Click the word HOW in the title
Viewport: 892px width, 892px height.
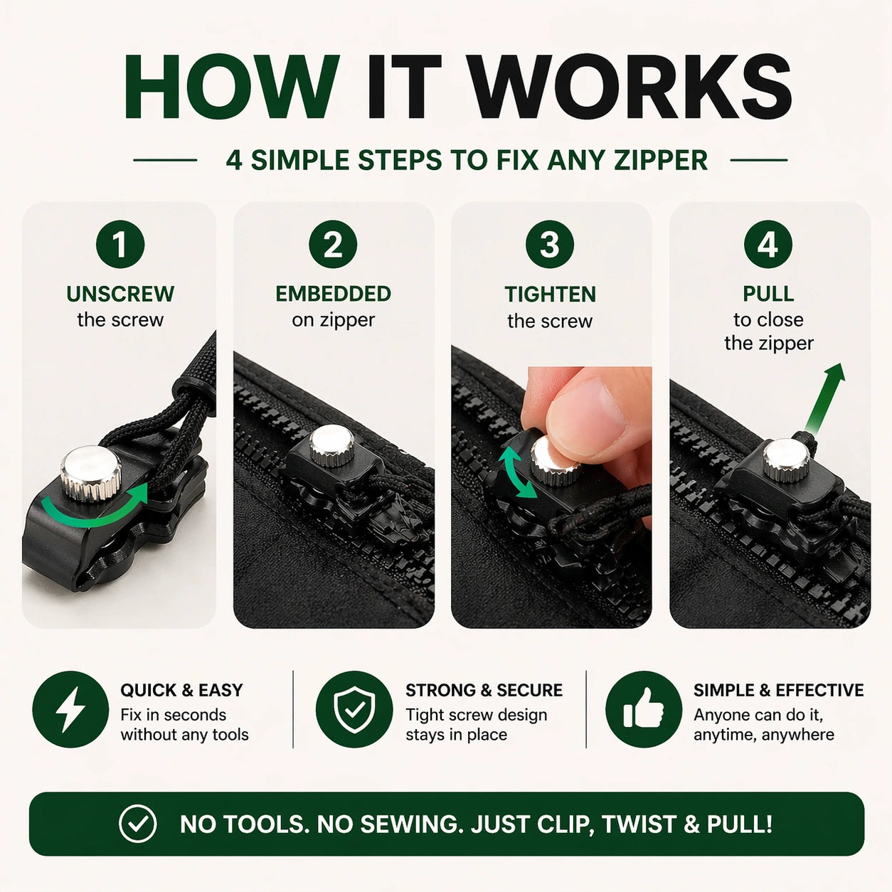[231, 87]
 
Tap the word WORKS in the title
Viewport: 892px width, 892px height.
[630, 87]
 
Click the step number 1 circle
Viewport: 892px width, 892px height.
[120, 245]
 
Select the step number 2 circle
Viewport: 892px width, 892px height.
[333, 245]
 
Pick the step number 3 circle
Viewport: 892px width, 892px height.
[550, 245]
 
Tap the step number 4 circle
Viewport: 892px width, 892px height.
[768, 245]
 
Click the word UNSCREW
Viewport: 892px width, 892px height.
[120, 294]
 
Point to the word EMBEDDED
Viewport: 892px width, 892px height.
[333, 294]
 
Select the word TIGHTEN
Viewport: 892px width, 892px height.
[550, 294]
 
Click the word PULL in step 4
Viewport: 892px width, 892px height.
[768, 294]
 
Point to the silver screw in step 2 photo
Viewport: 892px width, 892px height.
[331, 444]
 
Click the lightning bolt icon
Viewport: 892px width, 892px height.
[70, 709]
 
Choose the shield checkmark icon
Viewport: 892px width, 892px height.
[354, 709]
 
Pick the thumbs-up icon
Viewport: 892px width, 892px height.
[644, 709]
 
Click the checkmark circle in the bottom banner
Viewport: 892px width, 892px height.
[137, 824]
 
